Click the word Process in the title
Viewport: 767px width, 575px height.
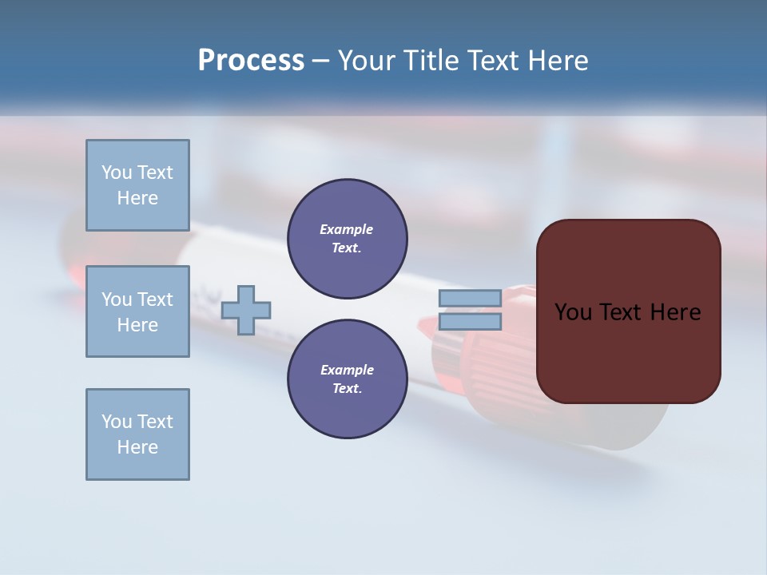(x=251, y=61)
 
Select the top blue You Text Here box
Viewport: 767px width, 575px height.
(x=137, y=185)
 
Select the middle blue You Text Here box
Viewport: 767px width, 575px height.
(x=137, y=311)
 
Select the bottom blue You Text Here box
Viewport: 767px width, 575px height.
(x=137, y=434)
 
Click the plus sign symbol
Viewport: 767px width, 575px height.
(x=246, y=311)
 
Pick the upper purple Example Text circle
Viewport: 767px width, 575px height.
(x=347, y=239)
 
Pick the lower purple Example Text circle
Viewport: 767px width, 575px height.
(x=347, y=379)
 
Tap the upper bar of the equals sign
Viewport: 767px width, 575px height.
(x=470, y=299)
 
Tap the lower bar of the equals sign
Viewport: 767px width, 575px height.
(x=470, y=322)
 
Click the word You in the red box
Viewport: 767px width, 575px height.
(x=574, y=312)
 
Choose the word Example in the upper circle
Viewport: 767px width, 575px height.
(x=347, y=229)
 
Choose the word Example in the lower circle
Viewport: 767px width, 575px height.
(x=347, y=370)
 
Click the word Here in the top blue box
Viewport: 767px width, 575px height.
(x=137, y=198)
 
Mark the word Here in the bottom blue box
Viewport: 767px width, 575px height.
(x=137, y=447)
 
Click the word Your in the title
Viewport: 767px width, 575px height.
(x=366, y=61)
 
